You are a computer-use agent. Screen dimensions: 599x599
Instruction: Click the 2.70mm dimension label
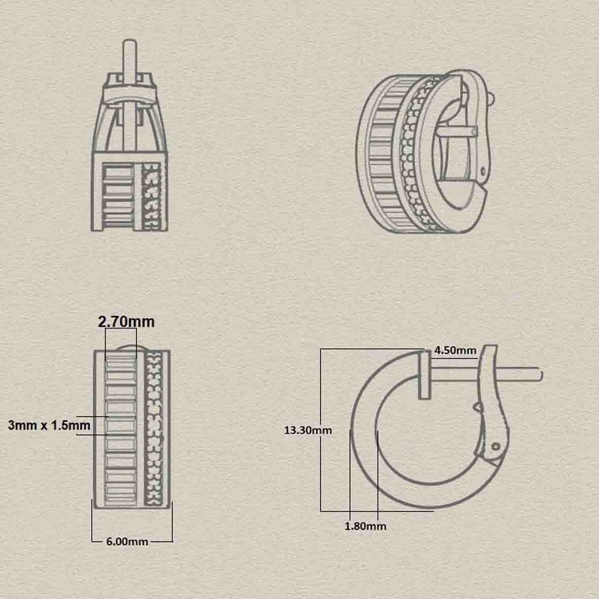tap(126, 322)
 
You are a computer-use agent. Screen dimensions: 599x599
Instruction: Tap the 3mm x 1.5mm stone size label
tap(49, 425)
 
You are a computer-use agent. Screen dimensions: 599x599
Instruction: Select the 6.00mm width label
tap(127, 541)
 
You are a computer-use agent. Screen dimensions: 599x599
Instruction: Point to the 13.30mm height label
tap(307, 430)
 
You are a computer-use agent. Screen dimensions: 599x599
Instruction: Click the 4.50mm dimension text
tap(455, 350)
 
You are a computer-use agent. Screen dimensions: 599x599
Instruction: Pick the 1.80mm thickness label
tap(365, 526)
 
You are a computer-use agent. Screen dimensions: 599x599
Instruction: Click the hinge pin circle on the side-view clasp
tap(496, 446)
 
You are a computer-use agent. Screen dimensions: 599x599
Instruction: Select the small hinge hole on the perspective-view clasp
tap(483, 169)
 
